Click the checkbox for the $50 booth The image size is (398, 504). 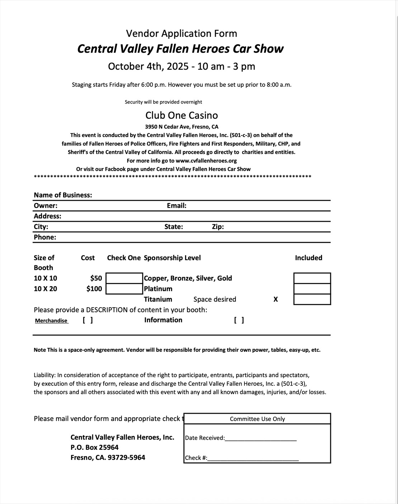pos(124,278)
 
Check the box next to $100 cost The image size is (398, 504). pos(124,289)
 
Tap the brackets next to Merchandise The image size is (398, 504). pos(88,320)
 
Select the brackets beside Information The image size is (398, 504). pos(239,320)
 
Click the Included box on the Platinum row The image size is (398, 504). pos(312,289)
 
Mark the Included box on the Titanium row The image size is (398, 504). pos(312,299)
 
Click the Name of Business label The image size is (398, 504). pos(63,195)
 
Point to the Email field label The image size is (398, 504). pos(176,206)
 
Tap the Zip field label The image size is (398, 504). pos(218,227)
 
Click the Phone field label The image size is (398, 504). pos(45,237)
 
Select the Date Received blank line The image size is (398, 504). pos(261,438)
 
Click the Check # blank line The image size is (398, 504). pos(253,458)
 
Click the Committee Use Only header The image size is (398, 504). pos(257,419)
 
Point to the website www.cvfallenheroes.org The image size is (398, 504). pos(206,161)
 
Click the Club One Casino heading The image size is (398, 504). pos(181,115)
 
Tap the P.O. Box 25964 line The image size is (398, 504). pos(94,447)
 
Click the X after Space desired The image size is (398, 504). pos(275,299)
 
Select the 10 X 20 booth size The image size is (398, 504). pos(45,289)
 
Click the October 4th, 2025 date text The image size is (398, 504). pos(148,67)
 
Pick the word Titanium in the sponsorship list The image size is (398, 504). pos(158,299)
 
